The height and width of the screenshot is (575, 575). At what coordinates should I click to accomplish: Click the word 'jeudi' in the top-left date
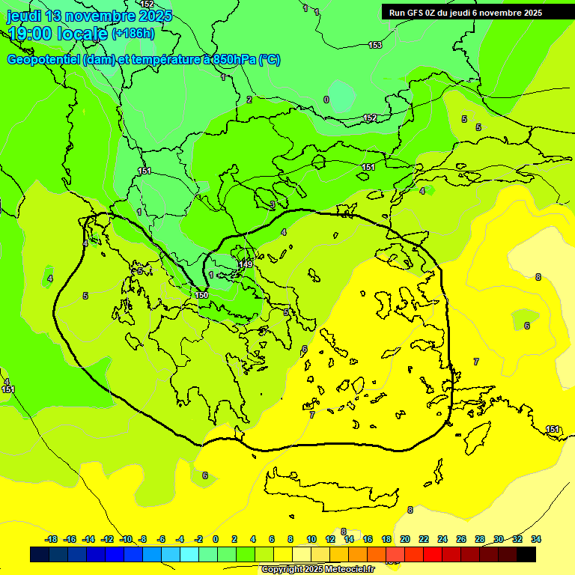coord(24,16)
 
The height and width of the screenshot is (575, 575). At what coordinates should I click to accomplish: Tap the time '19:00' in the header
coord(31,33)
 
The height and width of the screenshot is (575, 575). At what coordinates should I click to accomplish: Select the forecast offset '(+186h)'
coord(133,33)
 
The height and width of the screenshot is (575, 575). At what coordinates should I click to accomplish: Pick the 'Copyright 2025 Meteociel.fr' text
coord(317,569)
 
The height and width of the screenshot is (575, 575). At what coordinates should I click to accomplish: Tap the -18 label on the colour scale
coord(51,539)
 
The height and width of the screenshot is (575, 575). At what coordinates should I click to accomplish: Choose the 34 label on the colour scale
coord(536,539)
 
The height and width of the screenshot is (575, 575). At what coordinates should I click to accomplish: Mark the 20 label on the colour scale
coord(405,539)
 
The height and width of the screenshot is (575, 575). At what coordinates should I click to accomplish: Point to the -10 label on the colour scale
coord(126,539)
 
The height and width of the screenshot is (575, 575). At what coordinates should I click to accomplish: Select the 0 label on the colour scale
coord(216,539)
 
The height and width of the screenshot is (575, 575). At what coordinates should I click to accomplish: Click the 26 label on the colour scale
coord(461,539)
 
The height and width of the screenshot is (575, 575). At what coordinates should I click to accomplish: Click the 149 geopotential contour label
coord(246,264)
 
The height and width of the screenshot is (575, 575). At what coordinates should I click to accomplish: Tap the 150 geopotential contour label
coord(201,295)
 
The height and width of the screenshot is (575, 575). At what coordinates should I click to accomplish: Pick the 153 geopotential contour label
coord(374,46)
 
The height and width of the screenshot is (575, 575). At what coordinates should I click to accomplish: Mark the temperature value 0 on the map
coord(326,100)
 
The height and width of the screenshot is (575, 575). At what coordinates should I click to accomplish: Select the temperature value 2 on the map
coord(249,100)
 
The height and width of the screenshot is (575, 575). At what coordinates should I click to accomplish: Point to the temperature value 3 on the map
coord(273,204)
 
